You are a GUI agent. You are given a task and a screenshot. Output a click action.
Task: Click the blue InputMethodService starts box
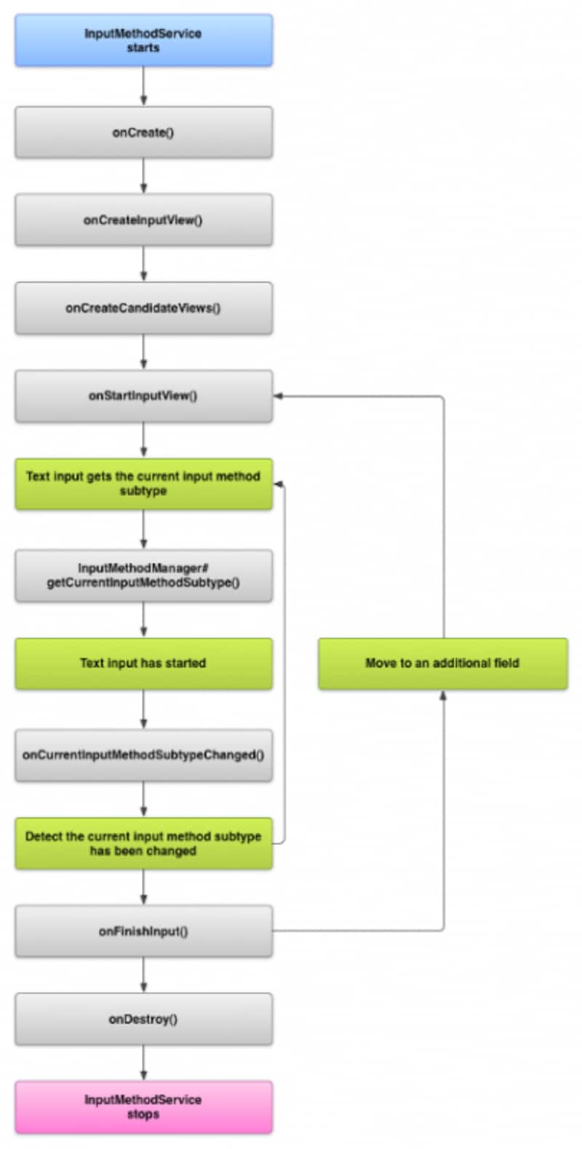point(143,41)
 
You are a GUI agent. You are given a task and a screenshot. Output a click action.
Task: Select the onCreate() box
point(143,132)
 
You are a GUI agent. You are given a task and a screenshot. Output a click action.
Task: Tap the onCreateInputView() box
point(143,220)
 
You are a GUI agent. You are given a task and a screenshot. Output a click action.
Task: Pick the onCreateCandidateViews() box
point(143,308)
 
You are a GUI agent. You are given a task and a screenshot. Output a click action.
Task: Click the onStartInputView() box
point(143,396)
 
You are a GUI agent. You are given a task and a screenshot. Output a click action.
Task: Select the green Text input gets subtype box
point(143,484)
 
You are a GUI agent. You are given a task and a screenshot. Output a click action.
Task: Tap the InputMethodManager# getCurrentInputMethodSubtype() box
point(143,575)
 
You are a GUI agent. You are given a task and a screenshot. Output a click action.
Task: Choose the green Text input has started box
point(143,663)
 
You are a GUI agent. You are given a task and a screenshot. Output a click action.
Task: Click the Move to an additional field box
point(442,663)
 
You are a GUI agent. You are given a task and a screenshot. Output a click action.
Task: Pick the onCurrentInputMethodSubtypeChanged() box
point(143,755)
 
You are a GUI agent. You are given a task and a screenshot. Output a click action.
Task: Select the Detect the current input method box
point(143,844)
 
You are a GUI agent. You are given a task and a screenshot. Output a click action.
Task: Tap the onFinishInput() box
point(143,931)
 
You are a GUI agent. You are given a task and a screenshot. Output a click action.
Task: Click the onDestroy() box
point(143,1019)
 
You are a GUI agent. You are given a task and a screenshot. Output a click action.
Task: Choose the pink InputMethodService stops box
point(143,1107)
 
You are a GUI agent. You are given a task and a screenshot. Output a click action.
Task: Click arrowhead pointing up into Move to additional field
point(443,695)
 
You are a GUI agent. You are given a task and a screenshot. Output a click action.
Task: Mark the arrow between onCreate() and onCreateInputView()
point(143,175)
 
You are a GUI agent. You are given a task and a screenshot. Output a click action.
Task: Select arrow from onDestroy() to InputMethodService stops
point(143,1062)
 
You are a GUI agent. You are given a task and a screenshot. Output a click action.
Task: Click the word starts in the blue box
point(143,48)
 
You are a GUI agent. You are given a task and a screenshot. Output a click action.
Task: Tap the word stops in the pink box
point(143,1114)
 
